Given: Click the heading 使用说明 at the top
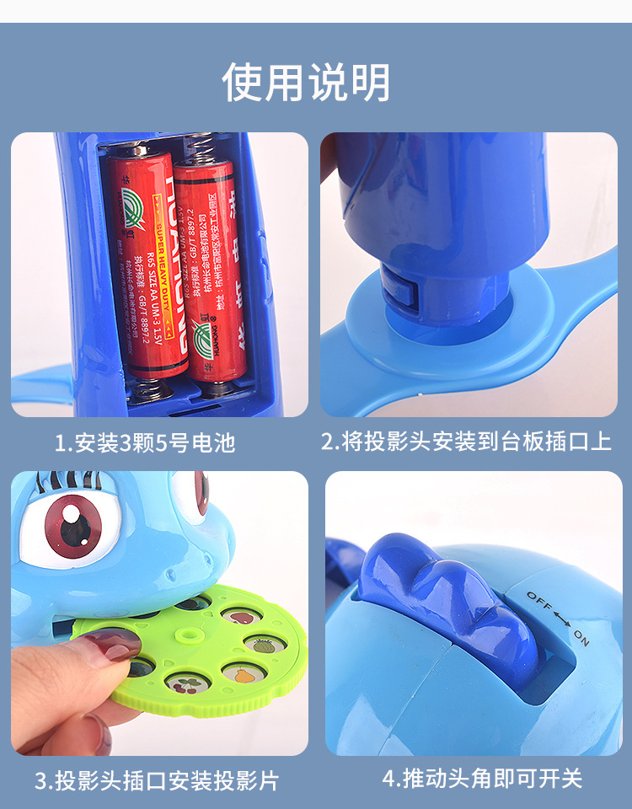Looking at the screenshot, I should click(x=307, y=83).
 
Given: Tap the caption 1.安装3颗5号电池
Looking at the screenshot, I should click(x=145, y=442).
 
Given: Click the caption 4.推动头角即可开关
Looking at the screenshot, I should click(x=482, y=778).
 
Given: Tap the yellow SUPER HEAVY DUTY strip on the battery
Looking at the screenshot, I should click(x=167, y=270).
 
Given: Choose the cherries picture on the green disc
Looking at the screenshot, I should click(x=183, y=683).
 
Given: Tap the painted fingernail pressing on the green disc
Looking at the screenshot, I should click(x=110, y=646).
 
